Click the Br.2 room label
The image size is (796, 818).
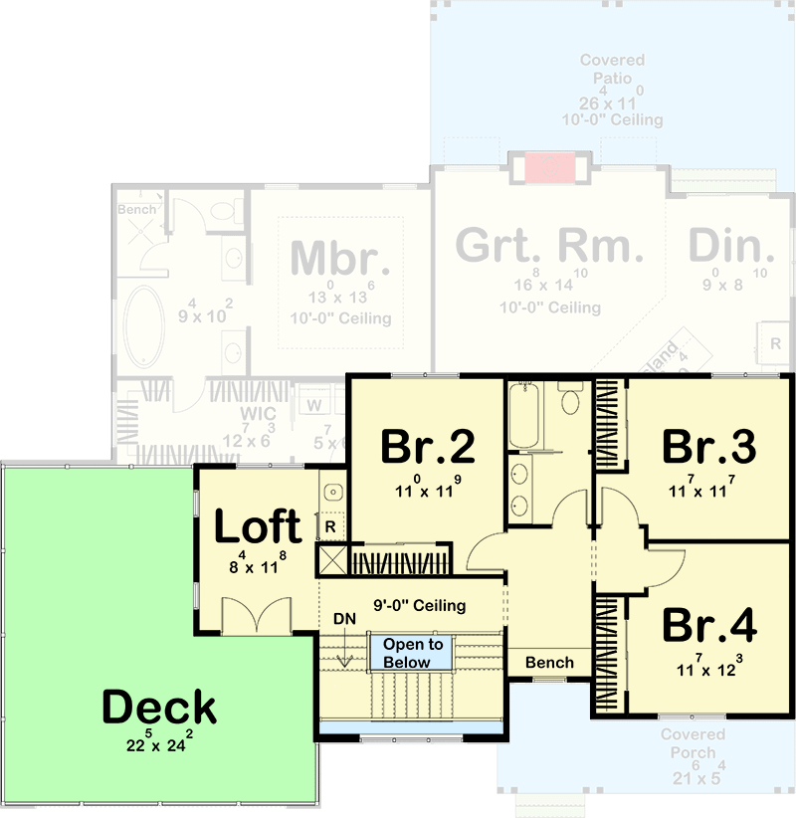427,447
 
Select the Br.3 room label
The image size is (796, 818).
709,446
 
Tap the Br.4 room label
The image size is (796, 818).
709,625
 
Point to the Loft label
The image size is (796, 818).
258,527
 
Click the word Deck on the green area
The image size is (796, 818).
159,707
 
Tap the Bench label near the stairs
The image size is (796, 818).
549,663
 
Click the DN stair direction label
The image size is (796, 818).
344,619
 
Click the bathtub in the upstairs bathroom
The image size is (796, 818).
524,418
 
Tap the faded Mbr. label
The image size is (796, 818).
339,258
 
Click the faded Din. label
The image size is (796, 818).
731,246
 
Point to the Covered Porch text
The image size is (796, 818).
693,743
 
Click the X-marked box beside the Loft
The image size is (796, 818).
331,559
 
